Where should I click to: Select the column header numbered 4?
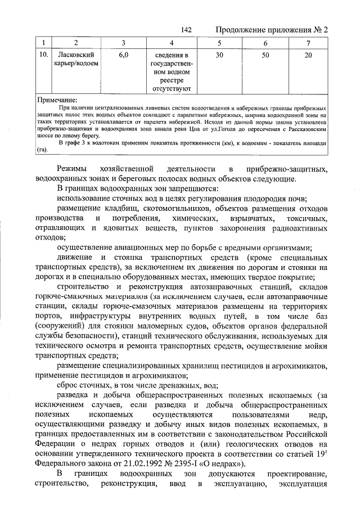(172, 44)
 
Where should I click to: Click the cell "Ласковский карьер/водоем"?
(76, 59)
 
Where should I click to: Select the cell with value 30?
(219, 55)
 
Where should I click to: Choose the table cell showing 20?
(308, 55)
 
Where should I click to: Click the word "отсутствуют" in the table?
(172, 88)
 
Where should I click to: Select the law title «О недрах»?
(217, 463)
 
